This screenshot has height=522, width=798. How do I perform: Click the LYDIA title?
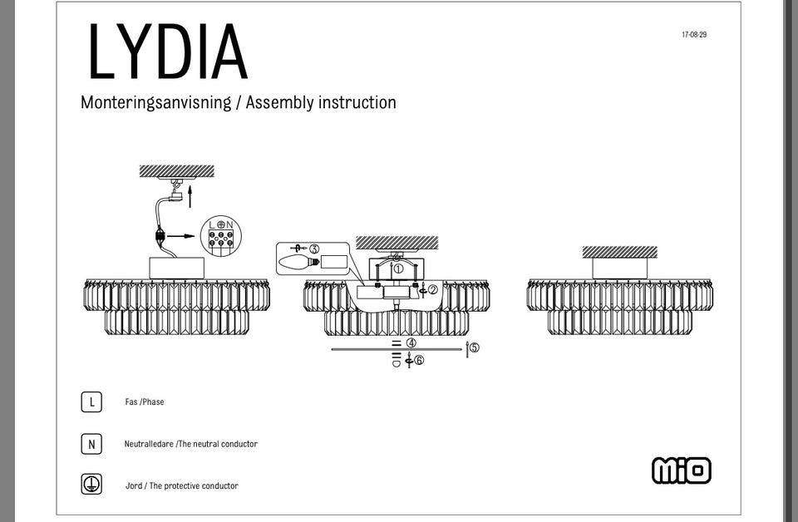click(168, 52)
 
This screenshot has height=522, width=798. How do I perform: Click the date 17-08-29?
click(694, 35)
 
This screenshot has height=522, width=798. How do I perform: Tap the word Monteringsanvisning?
click(155, 102)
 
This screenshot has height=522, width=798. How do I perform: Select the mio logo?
click(682, 470)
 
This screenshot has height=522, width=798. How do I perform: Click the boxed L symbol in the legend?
click(91, 402)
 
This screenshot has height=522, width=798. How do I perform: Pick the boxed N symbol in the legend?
click(91, 444)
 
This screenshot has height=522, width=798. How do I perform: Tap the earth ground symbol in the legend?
click(91, 485)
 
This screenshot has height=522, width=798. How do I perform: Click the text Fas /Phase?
click(145, 402)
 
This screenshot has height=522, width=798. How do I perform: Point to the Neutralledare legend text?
click(191, 444)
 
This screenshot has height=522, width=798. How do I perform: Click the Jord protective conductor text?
click(182, 486)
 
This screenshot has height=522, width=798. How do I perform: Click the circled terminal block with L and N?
click(220, 235)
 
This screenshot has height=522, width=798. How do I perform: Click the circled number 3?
click(314, 249)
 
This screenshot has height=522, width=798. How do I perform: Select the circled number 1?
click(398, 268)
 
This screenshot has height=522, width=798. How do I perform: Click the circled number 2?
click(432, 289)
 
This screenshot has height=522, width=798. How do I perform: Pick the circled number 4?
click(411, 342)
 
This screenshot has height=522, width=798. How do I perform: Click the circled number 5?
click(474, 347)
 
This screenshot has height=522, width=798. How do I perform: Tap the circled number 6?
click(419, 360)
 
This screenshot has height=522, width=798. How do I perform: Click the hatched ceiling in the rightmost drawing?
click(619, 252)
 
